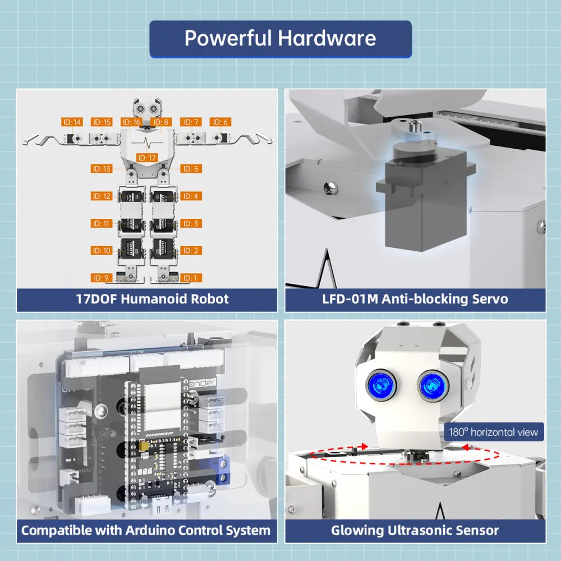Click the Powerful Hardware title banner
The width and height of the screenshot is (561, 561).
280,39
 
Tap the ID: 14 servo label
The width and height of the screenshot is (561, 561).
72,122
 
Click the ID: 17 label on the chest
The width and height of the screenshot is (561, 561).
147,158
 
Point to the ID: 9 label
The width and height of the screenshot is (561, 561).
102,278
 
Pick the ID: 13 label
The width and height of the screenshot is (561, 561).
102,168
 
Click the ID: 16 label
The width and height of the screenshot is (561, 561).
132,122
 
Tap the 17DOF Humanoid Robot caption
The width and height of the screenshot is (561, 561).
152,298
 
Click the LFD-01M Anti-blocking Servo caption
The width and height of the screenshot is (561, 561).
415,298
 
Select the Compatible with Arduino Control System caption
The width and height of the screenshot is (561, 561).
146,530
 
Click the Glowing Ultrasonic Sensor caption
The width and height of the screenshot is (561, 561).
415,530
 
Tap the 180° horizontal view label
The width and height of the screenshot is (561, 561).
494,432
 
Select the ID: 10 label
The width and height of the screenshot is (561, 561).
102,251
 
